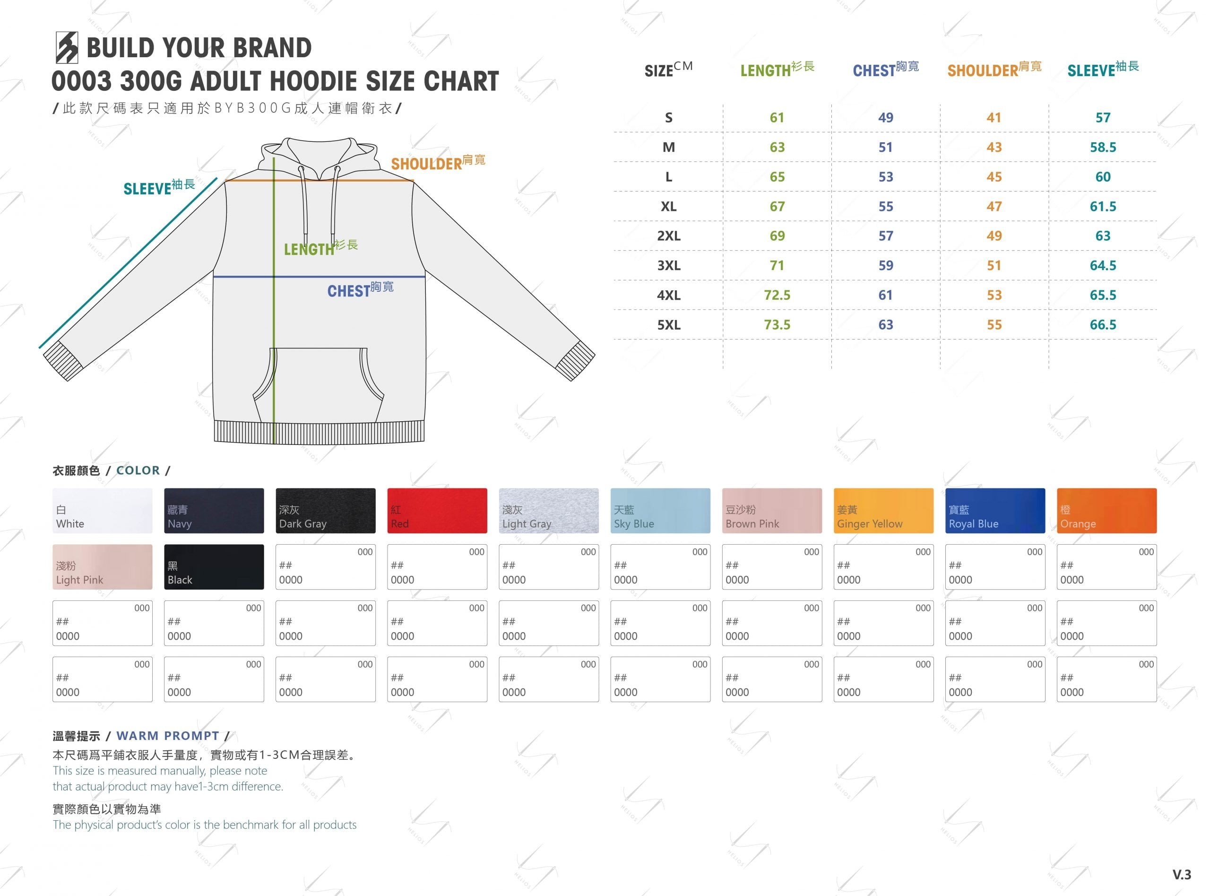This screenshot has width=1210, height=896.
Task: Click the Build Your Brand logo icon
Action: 67,48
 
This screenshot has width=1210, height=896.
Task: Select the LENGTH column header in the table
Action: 778,69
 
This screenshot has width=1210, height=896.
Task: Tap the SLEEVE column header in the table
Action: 1103,69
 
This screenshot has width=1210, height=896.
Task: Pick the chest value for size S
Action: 886,118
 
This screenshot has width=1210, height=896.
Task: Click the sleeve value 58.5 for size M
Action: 1103,147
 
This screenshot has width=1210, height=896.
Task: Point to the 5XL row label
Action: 669,325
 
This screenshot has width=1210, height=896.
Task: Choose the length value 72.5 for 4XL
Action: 778,295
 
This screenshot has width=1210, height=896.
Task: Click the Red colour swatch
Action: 437,510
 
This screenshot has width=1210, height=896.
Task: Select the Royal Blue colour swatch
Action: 995,510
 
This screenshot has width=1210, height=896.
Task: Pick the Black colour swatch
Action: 214,567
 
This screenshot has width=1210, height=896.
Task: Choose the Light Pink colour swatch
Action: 103,567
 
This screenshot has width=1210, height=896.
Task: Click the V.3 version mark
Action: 1182,875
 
